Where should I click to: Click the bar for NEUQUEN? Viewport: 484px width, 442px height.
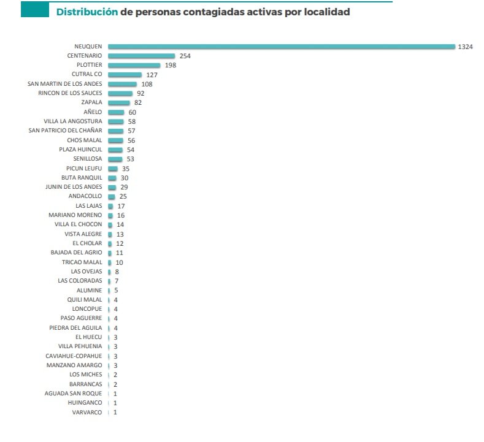(x=281, y=46)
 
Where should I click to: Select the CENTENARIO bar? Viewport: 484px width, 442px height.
(x=141, y=56)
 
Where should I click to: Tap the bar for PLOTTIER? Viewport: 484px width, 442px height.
(x=134, y=65)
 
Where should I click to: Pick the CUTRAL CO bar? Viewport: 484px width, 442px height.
(x=125, y=74)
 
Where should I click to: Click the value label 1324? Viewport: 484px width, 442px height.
(x=465, y=47)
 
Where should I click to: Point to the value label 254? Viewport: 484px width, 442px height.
(x=185, y=56)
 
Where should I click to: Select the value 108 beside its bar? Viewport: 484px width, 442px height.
(x=146, y=84)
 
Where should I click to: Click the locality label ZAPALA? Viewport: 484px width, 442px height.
(x=91, y=102)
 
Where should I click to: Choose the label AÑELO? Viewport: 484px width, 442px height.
(x=93, y=112)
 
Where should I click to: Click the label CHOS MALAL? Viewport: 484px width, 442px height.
(x=85, y=140)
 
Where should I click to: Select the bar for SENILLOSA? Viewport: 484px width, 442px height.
(x=115, y=159)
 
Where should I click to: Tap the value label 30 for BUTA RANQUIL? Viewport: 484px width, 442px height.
(x=124, y=178)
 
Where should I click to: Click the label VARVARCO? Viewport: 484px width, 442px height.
(x=88, y=412)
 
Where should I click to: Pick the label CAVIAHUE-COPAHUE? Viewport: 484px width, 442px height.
(x=74, y=356)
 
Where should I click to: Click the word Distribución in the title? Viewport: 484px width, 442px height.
(x=86, y=12)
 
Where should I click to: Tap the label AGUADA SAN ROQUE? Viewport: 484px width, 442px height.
(x=74, y=393)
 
